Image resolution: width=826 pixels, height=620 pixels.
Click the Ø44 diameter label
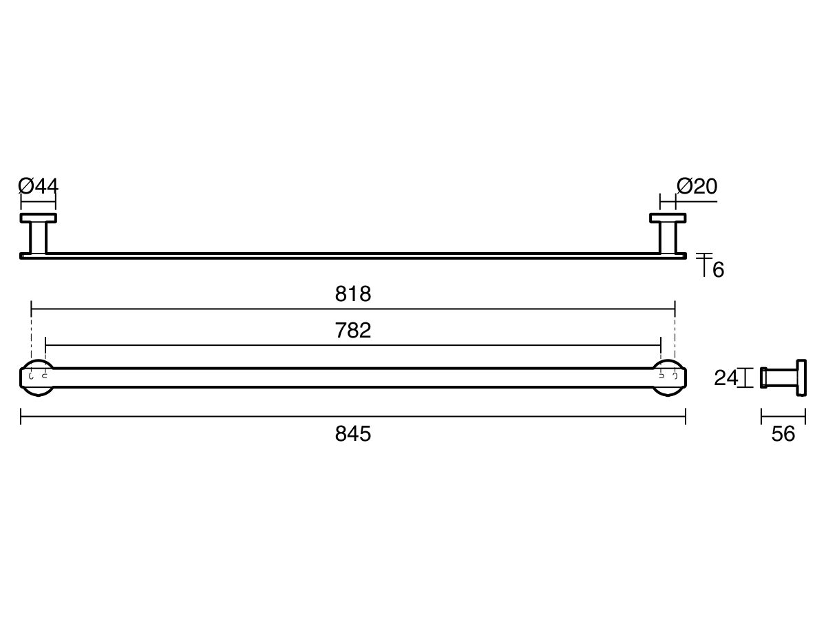click(x=39, y=186)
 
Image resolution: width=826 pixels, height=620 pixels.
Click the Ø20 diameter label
click(x=697, y=186)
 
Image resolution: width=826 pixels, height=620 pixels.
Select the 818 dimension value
click(x=353, y=294)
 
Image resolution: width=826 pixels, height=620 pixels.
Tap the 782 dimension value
click(x=353, y=331)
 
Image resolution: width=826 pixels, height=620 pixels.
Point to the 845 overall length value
click(x=353, y=434)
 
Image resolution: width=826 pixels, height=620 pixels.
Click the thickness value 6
click(x=718, y=270)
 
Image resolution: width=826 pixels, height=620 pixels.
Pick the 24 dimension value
click(x=726, y=378)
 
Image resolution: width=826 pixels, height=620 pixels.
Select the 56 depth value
click(x=783, y=434)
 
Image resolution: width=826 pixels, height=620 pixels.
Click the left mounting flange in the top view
click(x=38, y=218)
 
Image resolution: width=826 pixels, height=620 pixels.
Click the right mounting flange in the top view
click(x=668, y=218)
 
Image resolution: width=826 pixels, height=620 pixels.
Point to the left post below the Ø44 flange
click(x=38, y=238)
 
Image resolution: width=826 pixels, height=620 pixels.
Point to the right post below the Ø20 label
click(x=668, y=238)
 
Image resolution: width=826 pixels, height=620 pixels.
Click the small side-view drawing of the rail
click(x=783, y=378)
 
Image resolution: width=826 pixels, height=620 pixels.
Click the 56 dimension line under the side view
click(x=783, y=416)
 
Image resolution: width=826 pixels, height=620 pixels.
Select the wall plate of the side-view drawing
click(x=801, y=378)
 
